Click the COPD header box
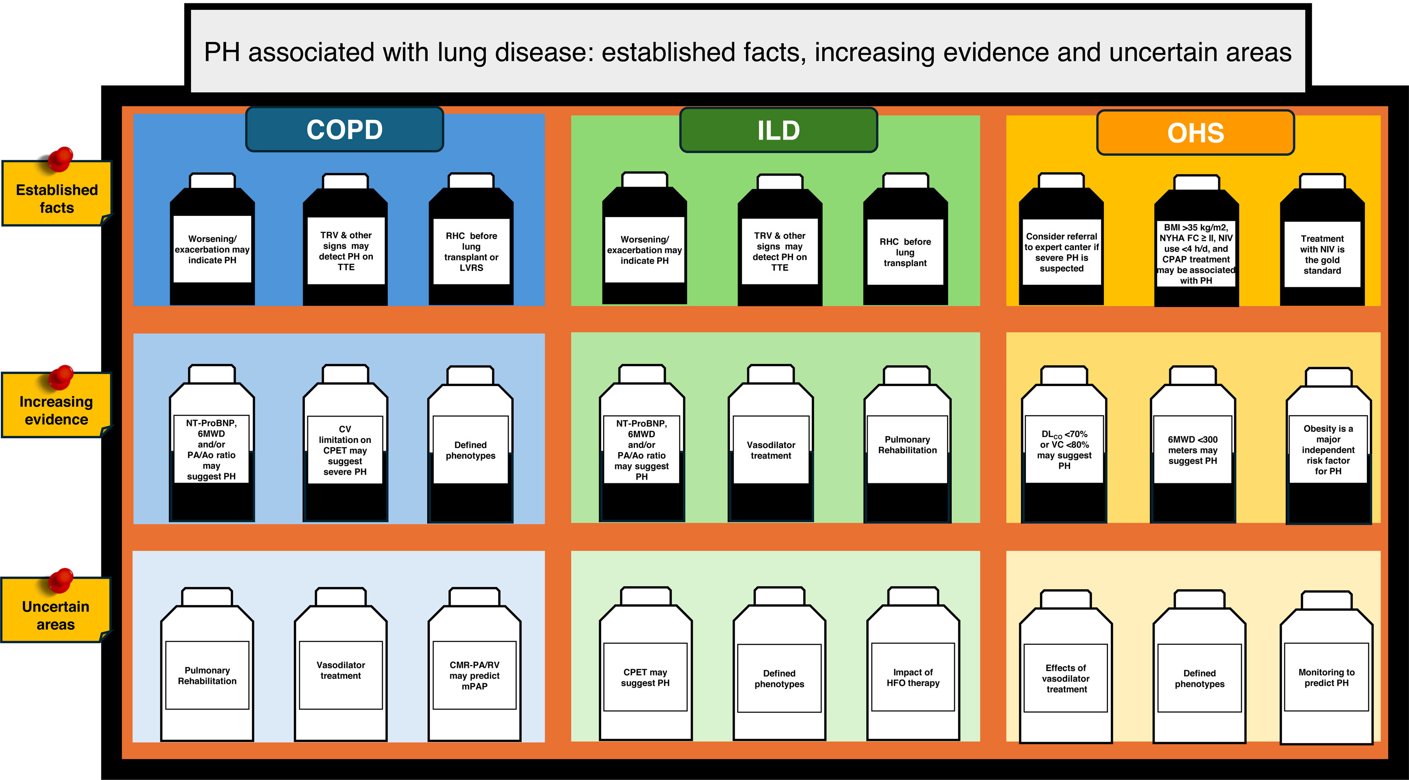pos(345,129)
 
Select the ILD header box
pos(779,131)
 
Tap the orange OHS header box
pos(1196,133)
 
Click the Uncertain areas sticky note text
pos(55,616)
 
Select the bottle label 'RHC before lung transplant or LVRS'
pos(471,251)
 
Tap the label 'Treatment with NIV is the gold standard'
pos(1322,254)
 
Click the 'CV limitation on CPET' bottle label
pos(345,450)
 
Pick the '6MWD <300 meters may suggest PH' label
pos(1193,450)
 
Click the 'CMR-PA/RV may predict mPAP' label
pos(474,676)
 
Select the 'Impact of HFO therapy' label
pos(913,678)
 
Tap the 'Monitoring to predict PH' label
pos(1327,678)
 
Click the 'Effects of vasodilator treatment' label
pos(1066,678)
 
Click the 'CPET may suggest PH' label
pos(645,678)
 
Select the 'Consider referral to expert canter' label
pos(1061,252)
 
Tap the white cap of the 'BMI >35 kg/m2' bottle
pos(1197,183)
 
